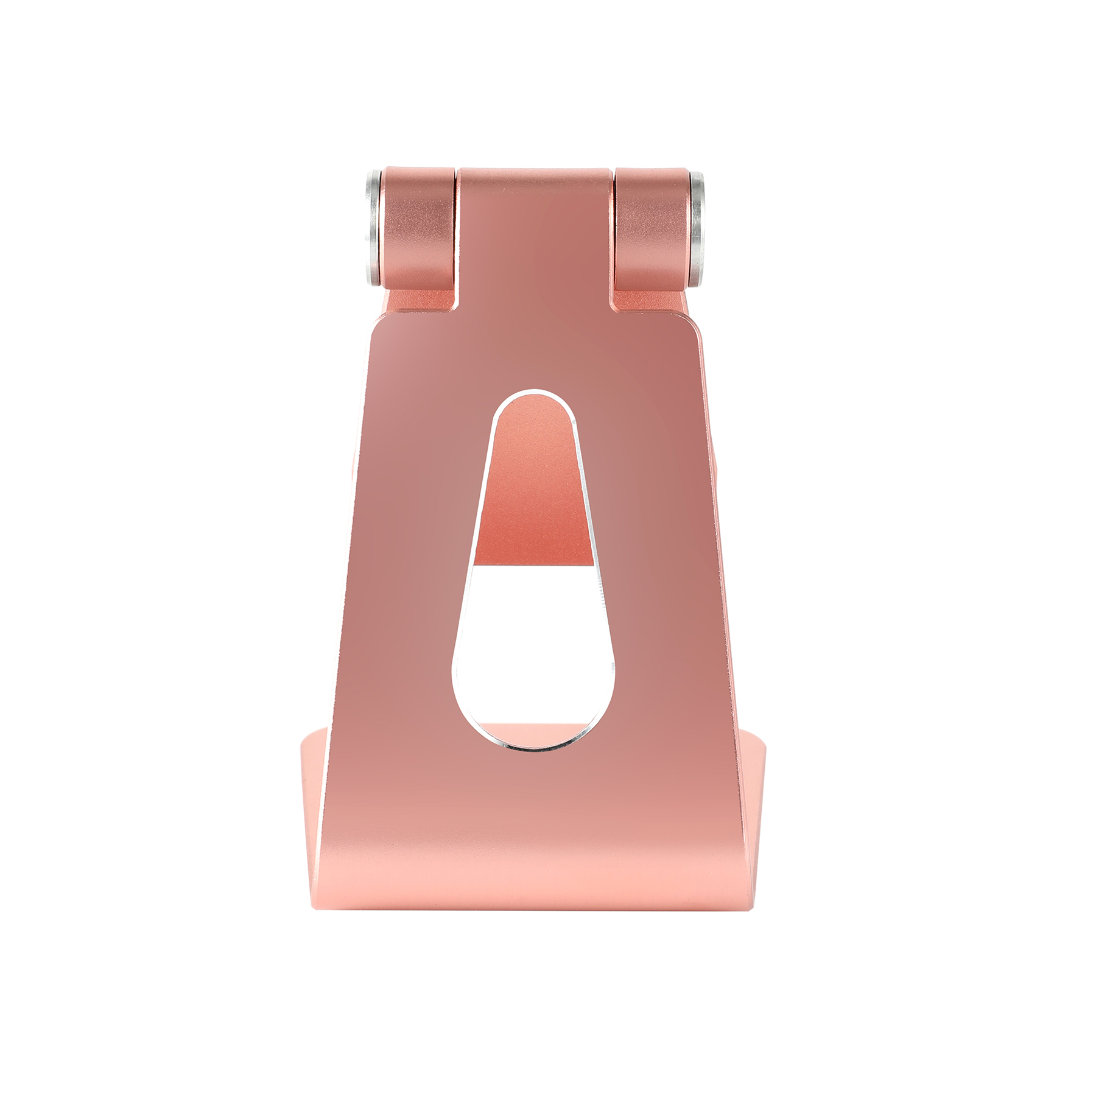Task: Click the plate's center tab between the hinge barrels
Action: tap(535, 231)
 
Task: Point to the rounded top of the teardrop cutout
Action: tap(534, 402)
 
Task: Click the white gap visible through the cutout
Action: tap(533, 645)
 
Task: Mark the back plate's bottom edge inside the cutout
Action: tap(533, 565)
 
